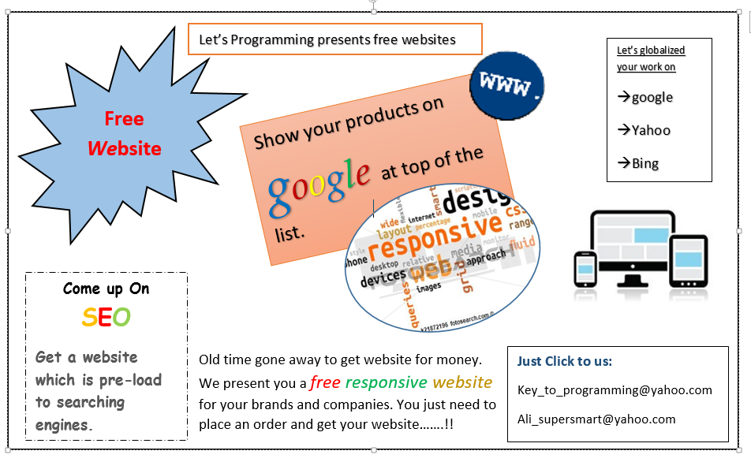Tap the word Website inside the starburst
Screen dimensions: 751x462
coord(124,148)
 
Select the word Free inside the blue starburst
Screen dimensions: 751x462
coord(124,119)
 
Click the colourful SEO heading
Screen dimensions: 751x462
coord(106,317)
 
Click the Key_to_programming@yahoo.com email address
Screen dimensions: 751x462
coord(615,390)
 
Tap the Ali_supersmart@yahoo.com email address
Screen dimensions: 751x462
coord(596,419)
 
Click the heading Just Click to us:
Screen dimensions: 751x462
coord(564,361)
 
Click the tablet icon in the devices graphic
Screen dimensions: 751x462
coord(689,259)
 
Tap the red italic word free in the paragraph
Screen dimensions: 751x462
coord(325,382)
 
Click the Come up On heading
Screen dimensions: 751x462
coord(106,289)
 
